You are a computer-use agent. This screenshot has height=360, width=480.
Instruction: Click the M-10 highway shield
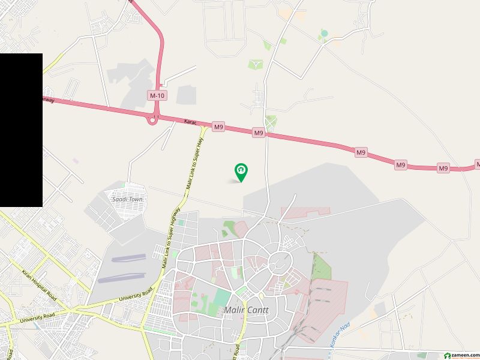point(157,95)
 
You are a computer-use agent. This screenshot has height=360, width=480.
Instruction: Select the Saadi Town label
point(127,199)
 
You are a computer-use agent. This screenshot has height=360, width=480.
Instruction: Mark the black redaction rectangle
point(21,130)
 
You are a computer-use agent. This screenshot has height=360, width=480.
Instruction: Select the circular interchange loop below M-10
point(153,120)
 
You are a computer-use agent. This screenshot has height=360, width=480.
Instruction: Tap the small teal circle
point(324,33)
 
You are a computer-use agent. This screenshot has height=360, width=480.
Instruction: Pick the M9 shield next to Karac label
point(218,127)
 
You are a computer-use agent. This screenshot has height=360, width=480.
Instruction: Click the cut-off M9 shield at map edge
point(478,164)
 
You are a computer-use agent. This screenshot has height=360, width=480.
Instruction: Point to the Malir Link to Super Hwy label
point(197,162)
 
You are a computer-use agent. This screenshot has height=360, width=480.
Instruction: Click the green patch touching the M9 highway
point(271,122)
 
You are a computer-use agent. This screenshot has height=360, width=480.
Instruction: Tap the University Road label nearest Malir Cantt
point(137,295)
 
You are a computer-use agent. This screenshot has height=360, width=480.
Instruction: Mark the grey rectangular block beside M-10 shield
point(185,95)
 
